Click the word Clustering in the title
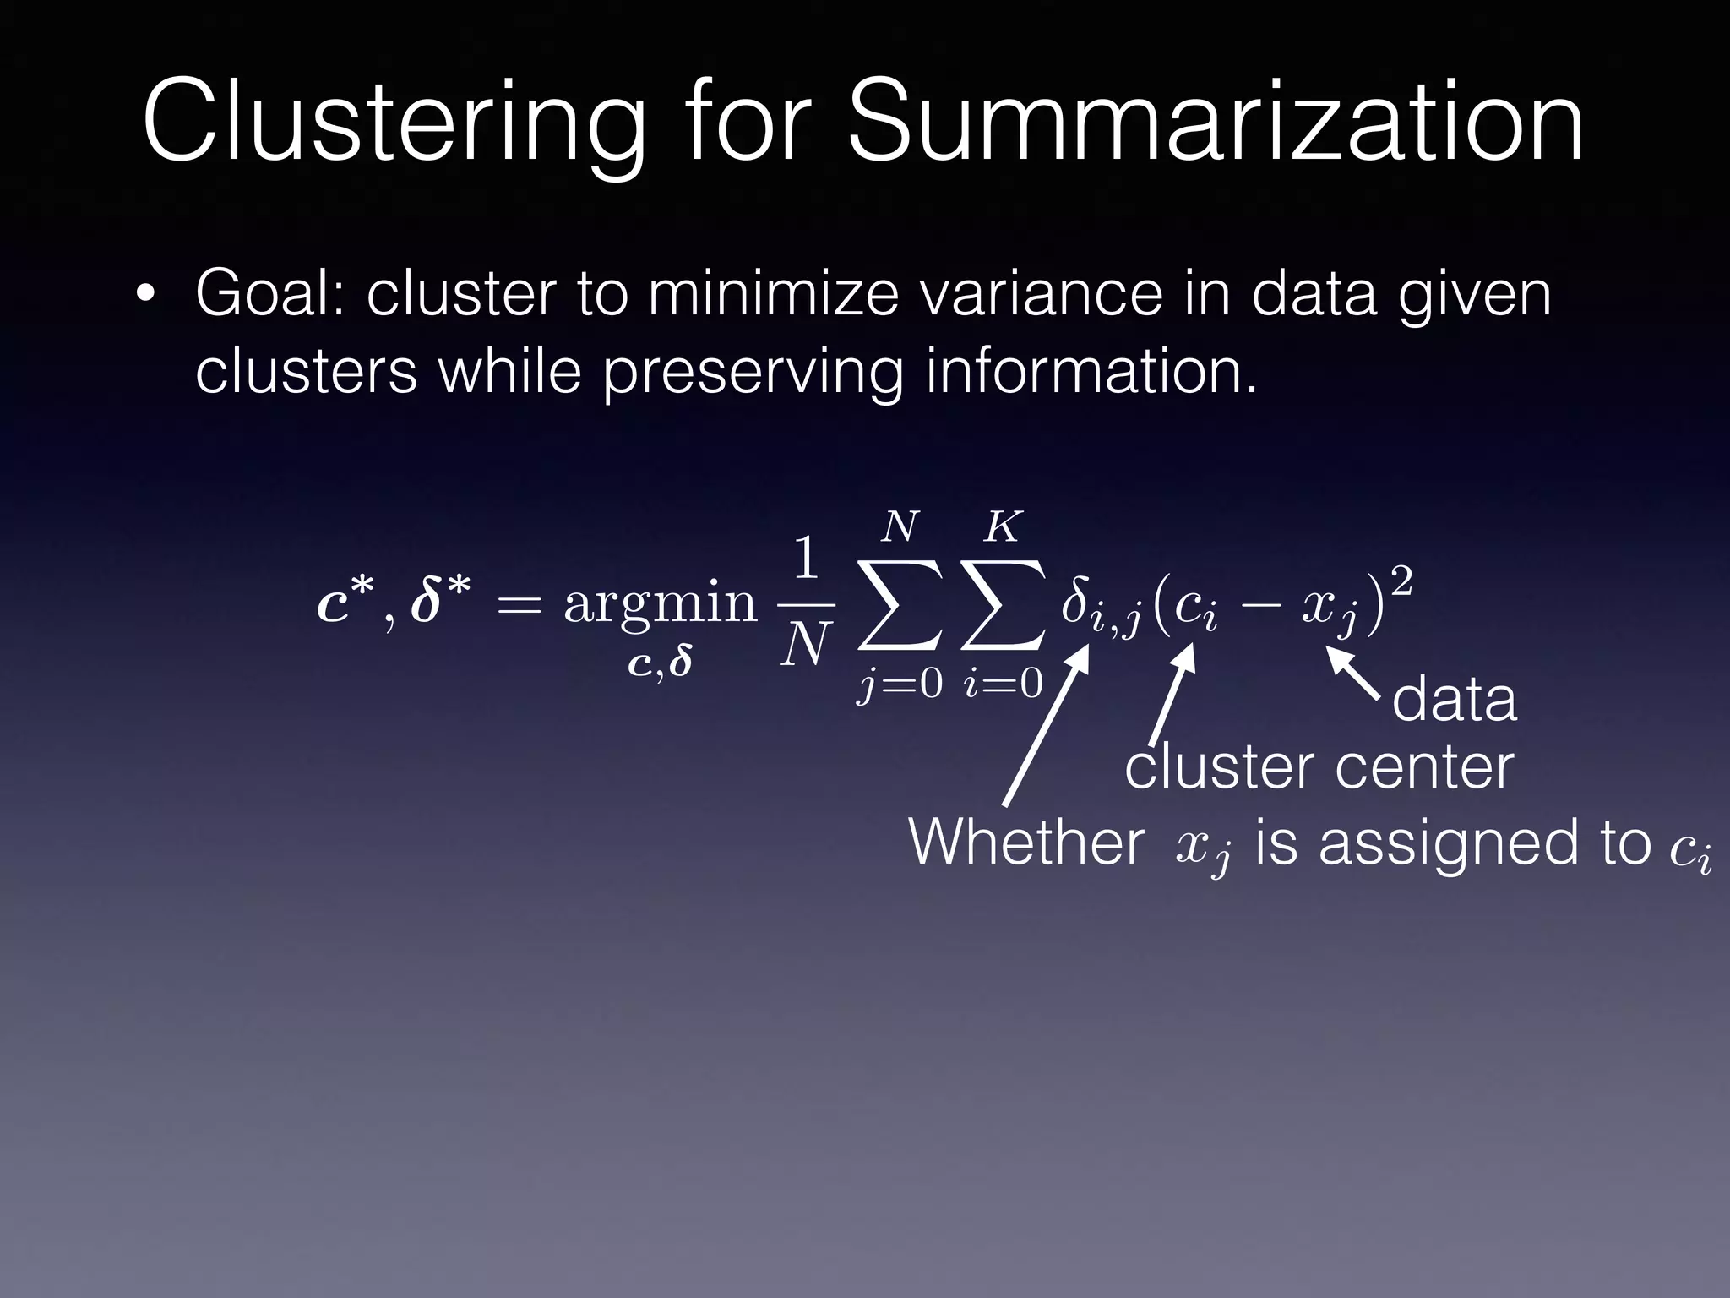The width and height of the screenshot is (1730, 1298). point(393,123)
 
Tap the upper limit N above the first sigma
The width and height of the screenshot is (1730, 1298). point(900,528)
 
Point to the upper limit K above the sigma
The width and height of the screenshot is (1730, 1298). point(1002,528)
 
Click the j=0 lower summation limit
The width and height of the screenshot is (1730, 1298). point(900,684)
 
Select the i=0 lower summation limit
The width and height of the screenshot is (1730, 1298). point(1003,683)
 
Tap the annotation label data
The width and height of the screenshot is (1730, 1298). point(1454,701)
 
